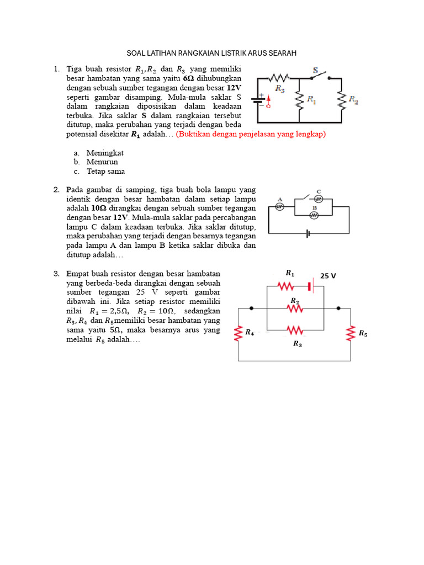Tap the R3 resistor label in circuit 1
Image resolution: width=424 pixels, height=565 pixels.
(x=280, y=88)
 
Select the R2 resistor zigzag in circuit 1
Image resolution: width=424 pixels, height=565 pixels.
(x=341, y=100)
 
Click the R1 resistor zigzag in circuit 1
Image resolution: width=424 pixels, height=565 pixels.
(x=299, y=100)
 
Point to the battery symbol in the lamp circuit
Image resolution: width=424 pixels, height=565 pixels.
(x=308, y=233)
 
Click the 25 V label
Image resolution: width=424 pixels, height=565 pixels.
(x=328, y=275)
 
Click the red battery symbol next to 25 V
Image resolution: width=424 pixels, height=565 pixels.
(x=311, y=286)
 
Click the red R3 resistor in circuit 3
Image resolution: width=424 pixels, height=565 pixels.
(x=295, y=330)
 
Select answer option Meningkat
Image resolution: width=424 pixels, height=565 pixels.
(x=105, y=152)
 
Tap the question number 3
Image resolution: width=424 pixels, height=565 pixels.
(x=56, y=273)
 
